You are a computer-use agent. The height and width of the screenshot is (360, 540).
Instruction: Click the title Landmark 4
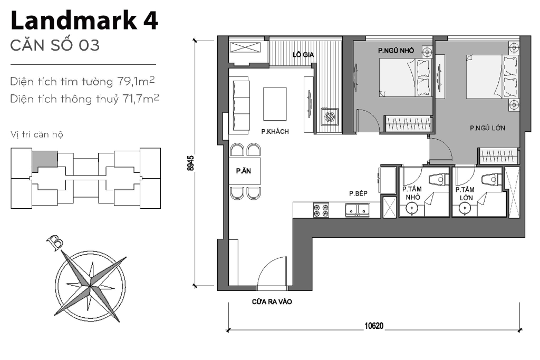84,22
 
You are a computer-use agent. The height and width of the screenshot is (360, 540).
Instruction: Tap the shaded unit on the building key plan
45,160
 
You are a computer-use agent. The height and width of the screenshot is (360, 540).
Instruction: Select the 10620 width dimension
373,326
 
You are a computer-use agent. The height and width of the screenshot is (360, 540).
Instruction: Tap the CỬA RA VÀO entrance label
272,302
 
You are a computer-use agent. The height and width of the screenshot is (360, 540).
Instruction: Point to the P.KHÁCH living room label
275,131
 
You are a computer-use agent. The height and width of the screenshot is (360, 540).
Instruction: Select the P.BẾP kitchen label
358,194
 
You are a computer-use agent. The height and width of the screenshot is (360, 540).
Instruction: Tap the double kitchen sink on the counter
358,210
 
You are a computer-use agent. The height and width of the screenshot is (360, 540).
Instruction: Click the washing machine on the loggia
330,116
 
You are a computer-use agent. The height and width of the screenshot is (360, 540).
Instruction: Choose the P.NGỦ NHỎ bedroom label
396,51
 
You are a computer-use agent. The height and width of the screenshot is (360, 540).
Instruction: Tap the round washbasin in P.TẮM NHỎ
412,209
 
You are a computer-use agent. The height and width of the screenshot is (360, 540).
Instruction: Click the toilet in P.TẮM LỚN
491,180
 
